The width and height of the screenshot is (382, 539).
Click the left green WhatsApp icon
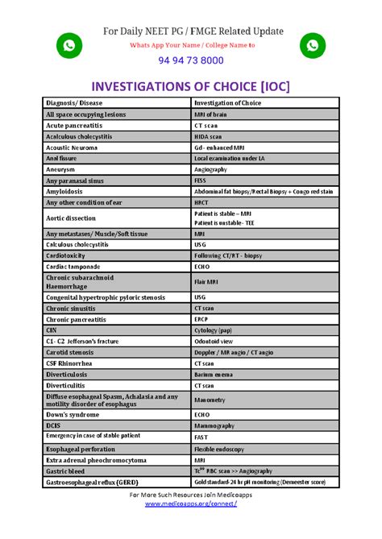point(69,47)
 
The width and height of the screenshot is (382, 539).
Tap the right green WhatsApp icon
point(312,47)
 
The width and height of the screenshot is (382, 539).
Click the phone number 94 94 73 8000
point(191,60)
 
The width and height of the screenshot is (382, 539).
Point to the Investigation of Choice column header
point(228,103)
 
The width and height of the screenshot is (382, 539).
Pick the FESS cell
point(201,181)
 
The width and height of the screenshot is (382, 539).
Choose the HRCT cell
point(202,202)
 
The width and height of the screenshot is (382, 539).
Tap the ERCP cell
point(202,319)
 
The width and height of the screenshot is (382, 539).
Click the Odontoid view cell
point(213,341)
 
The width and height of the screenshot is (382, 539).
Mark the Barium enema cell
point(214,374)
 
